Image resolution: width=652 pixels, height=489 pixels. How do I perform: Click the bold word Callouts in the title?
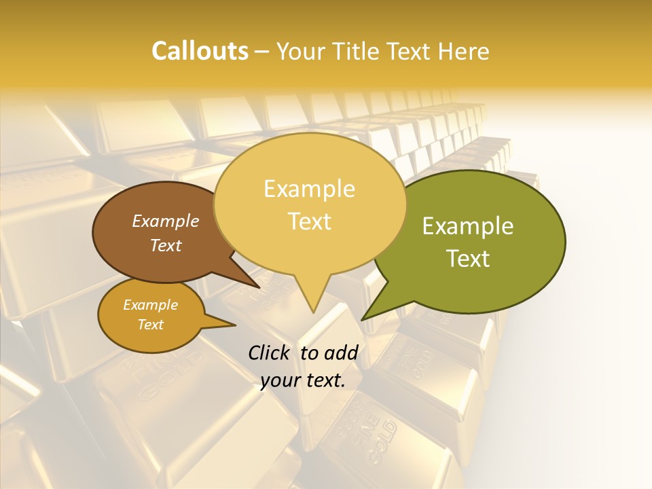[200, 52]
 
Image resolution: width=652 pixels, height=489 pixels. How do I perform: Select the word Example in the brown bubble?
[166, 221]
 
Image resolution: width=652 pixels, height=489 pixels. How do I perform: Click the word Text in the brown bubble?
[166, 245]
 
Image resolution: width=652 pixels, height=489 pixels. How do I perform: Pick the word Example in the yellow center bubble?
[309, 189]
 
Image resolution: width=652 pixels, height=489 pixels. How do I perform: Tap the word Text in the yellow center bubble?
[309, 221]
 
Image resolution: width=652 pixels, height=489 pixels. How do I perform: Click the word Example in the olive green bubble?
[468, 226]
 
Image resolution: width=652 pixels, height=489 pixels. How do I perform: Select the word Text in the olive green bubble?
[468, 259]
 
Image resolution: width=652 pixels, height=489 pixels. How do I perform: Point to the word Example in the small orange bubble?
[150, 305]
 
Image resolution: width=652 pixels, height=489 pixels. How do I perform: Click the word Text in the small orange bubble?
[150, 325]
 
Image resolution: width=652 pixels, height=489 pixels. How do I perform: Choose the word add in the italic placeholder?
[341, 352]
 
